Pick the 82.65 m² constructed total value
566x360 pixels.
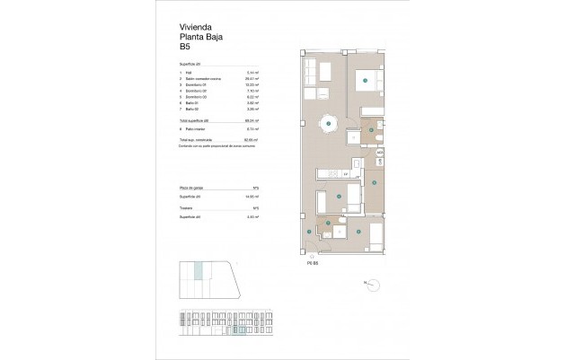click(x=254, y=140)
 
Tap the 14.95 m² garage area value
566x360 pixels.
click(x=254, y=196)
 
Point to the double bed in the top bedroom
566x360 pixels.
click(x=366, y=80)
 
